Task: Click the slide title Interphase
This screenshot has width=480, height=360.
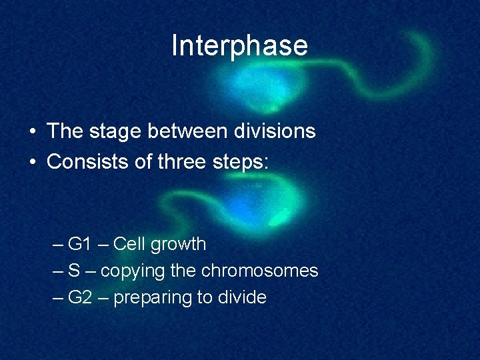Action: (x=239, y=46)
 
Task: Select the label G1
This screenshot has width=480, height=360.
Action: (x=79, y=244)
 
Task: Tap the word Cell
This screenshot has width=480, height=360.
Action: (x=129, y=244)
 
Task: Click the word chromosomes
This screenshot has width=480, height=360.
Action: (x=259, y=271)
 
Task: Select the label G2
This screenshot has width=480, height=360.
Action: (x=79, y=297)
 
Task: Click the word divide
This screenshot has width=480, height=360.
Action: (x=241, y=297)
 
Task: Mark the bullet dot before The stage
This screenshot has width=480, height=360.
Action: (x=33, y=132)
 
